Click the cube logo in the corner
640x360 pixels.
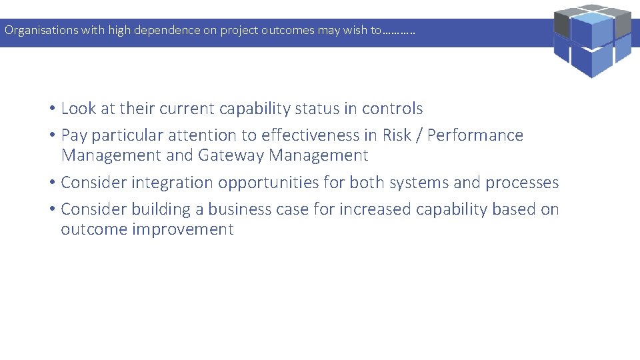coord(592,40)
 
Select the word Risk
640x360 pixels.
coord(397,135)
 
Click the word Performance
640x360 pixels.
coord(475,135)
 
